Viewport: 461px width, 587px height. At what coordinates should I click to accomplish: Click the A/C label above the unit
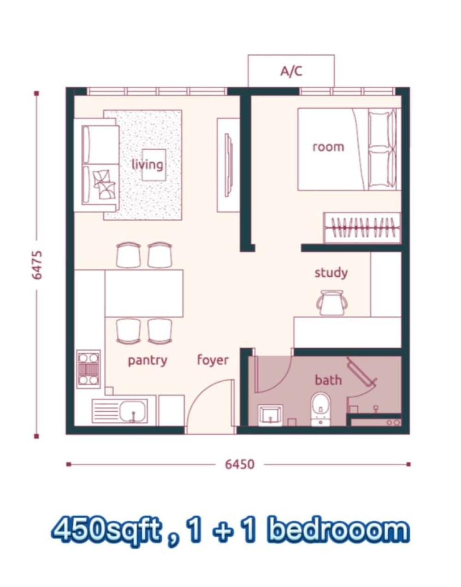click(291, 72)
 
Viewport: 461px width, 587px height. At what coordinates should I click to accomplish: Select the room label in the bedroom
click(328, 147)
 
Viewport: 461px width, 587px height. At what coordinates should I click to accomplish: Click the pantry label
click(148, 360)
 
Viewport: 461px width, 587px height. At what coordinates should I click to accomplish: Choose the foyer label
click(213, 360)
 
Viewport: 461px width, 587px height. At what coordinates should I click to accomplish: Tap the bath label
click(328, 380)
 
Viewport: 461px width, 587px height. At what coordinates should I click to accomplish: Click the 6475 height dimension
click(37, 265)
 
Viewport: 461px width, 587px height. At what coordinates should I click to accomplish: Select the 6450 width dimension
click(240, 464)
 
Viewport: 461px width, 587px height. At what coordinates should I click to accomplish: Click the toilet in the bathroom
click(320, 409)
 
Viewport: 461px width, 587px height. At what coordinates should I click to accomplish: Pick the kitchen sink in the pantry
click(120, 411)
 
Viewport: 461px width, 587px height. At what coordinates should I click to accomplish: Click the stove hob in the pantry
click(89, 369)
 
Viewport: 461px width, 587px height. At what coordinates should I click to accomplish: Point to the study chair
click(332, 303)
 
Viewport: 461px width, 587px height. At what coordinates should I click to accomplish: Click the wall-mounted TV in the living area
click(229, 165)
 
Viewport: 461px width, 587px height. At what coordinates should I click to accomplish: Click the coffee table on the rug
click(154, 165)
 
